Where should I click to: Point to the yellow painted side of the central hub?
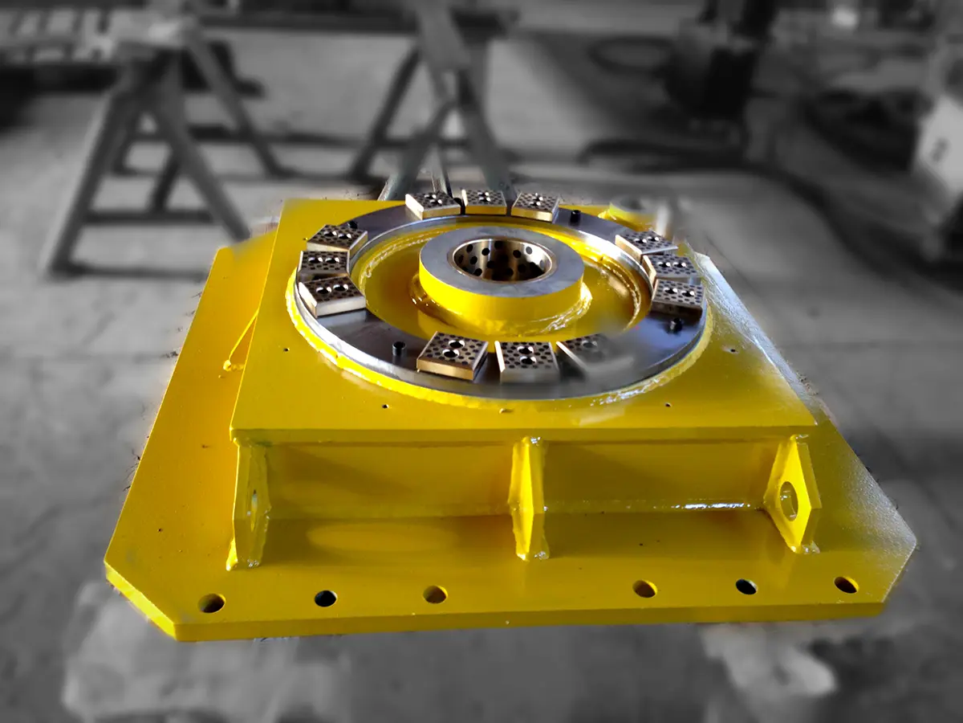[x=498, y=305]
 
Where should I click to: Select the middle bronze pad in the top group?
[x=484, y=201]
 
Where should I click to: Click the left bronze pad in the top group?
[x=433, y=205]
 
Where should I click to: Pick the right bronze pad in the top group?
[x=536, y=206]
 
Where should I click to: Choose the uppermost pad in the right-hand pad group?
[x=646, y=242]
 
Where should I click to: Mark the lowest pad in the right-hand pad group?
[x=678, y=297]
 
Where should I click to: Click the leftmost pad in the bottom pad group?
[x=453, y=355]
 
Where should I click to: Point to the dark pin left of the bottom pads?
[x=398, y=347]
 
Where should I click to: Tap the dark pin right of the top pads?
[x=575, y=215]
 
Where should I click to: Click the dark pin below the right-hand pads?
[x=677, y=325]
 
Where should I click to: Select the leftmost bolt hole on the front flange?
[x=212, y=602]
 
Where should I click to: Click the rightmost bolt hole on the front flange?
[x=845, y=584]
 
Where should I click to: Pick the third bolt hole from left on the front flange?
[x=435, y=594]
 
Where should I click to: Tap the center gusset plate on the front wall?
[x=529, y=498]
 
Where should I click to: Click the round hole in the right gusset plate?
[x=789, y=500]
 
